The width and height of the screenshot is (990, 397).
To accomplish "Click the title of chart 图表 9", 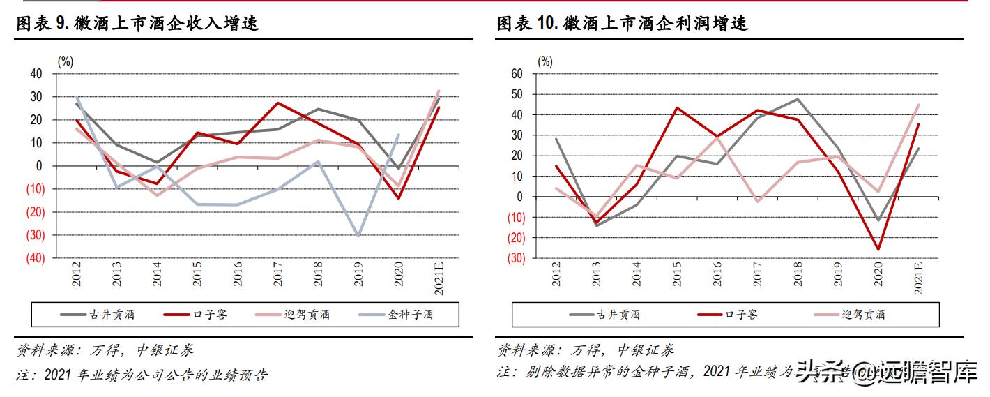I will pyautogui.click(x=138, y=23).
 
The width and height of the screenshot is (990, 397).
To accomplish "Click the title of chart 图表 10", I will pyautogui.click(x=623, y=23).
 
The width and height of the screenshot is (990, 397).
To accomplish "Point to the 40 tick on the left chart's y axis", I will pyautogui.click(x=36, y=74).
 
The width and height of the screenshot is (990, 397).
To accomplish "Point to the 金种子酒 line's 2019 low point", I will pyautogui.click(x=358, y=236).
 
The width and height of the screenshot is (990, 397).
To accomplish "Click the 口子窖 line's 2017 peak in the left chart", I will pyautogui.click(x=278, y=103).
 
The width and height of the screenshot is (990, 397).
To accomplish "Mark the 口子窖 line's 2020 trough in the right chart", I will pyautogui.click(x=878, y=249).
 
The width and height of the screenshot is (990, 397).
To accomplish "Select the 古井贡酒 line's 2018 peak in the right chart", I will pyautogui.click(x=797, y=99).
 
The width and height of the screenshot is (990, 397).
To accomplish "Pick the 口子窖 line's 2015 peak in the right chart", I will pyautogui.click(x=676, y=108).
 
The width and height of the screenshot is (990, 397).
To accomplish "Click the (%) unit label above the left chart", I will pyautogui.click(x=65, y=61).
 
